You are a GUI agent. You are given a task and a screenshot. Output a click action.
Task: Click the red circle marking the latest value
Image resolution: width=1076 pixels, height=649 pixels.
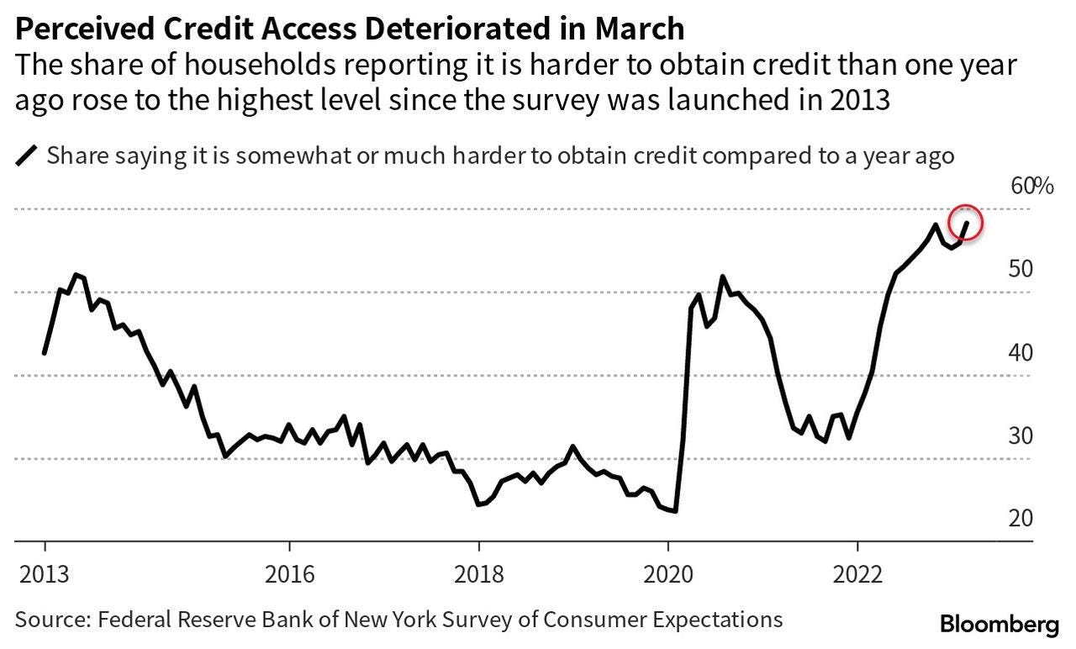pos(965,224)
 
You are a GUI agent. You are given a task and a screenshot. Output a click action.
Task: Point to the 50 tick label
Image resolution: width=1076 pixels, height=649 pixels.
pos(1021,269)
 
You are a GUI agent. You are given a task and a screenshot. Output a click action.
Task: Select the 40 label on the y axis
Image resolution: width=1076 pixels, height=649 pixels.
pos(1021,352)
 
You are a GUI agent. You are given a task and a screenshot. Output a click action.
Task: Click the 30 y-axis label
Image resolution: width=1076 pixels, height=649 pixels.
pos(1021,435)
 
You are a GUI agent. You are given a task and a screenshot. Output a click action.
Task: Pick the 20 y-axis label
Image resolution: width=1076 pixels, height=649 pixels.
pos(1021,518)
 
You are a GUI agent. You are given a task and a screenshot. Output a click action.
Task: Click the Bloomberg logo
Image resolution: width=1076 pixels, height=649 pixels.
pos(999,624)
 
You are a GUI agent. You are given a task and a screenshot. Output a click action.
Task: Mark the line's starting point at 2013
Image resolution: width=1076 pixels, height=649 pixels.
pos(44,353)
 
